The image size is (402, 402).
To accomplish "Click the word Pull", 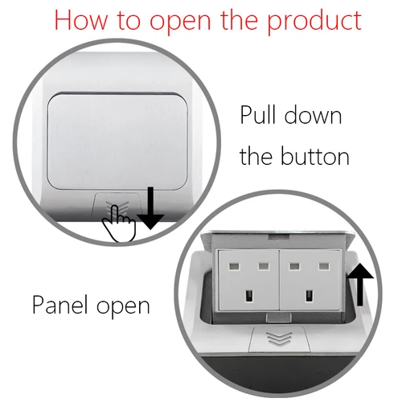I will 262,115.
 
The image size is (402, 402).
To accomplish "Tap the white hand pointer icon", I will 121,223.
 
